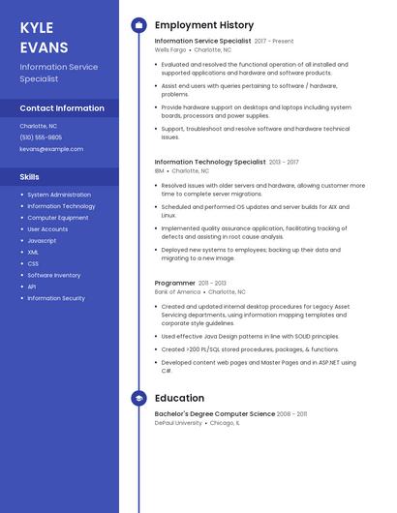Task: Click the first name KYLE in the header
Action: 37,28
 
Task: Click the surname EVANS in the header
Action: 44,46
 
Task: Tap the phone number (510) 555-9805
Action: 41,137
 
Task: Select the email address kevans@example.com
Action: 51,149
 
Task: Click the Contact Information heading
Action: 62,108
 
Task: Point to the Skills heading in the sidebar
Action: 30,177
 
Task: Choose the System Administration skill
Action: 59,195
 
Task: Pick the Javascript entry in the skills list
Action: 42,240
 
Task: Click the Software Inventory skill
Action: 54,275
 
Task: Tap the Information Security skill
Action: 56,298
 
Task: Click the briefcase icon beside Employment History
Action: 138,25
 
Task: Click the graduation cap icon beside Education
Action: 138,398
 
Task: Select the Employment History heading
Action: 204,25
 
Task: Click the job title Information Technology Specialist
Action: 210,162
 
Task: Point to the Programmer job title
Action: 175,283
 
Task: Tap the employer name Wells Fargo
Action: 170,49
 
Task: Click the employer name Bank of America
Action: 177,291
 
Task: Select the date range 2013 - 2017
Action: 284,162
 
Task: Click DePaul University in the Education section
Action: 177,422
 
